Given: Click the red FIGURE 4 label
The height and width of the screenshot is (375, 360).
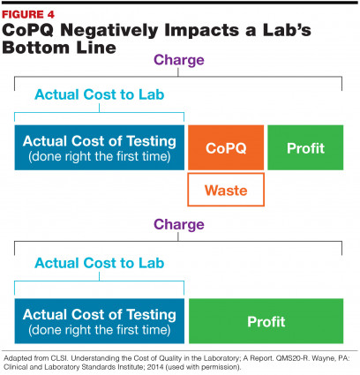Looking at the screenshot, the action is (28, 14).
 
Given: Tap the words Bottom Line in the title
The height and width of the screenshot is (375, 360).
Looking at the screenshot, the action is (59, 48).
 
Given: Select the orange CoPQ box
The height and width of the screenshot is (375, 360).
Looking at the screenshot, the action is (226, 147).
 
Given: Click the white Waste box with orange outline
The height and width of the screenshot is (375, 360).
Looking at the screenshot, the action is (226, 190).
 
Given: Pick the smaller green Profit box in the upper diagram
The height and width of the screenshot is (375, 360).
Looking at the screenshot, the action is (305, 147).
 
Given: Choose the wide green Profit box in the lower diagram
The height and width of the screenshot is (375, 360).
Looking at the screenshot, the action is (266, 321).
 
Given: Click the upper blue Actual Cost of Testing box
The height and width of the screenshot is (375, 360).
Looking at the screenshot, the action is (100, 147).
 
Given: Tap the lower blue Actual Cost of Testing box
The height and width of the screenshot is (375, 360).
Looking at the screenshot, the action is (100, 321).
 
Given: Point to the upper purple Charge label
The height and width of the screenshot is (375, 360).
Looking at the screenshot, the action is (179, 61).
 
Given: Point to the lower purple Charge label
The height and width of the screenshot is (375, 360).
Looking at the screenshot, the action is (179, 225).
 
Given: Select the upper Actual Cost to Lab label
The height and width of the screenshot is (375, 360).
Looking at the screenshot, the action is (100, 94).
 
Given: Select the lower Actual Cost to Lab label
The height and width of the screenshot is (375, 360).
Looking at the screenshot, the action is (100, 263).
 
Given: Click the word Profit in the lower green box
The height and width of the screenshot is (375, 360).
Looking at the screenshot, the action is (266, 321).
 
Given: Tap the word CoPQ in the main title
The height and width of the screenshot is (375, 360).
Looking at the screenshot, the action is (28, 31).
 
